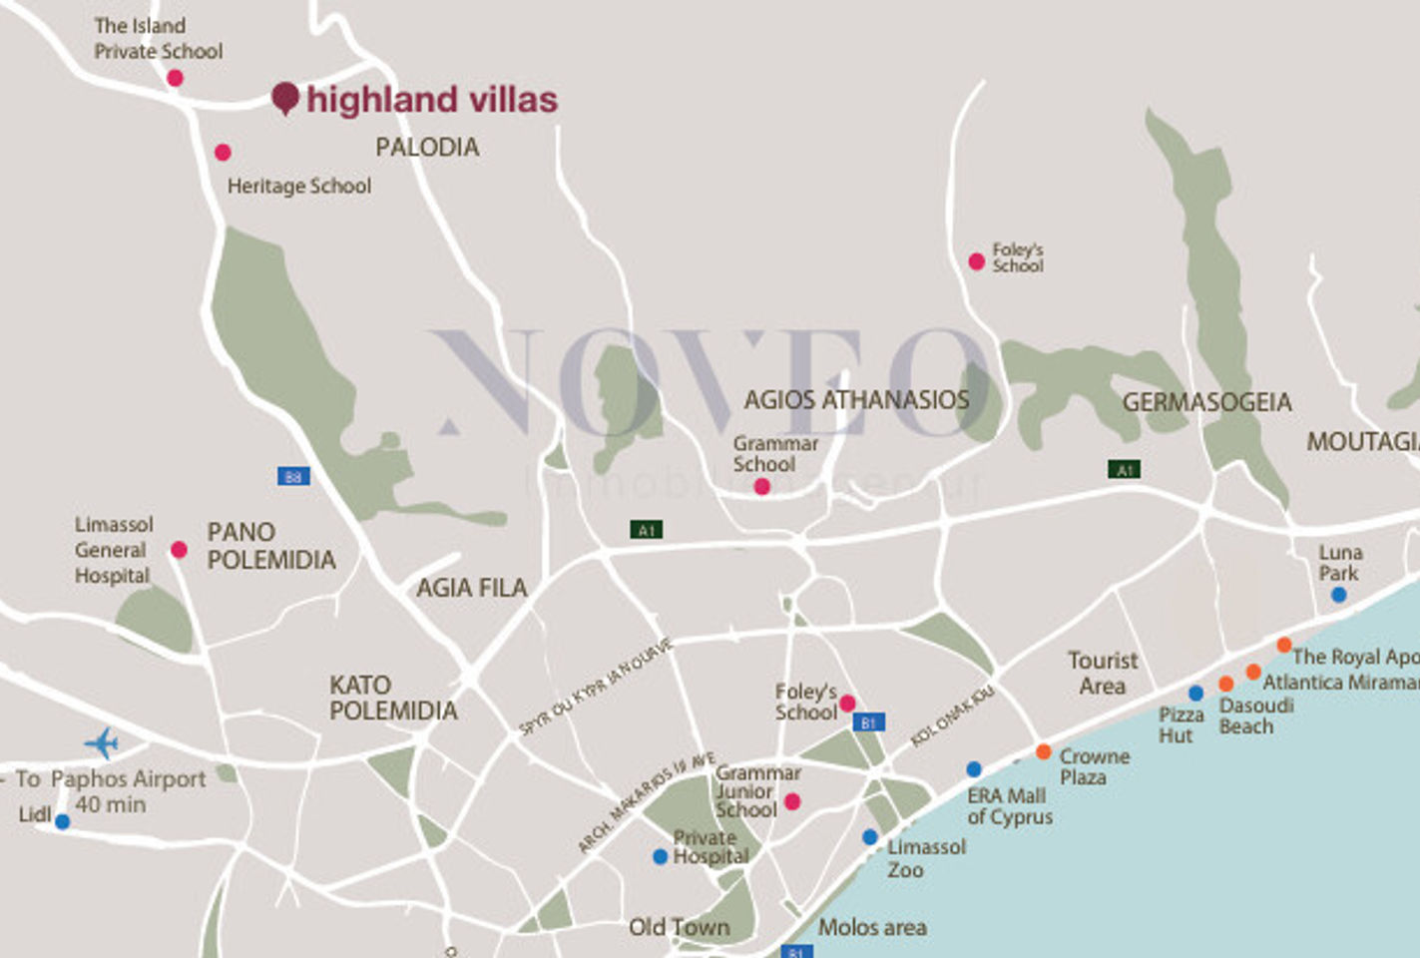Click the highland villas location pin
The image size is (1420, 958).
pyautogui.click(x=285, y=98)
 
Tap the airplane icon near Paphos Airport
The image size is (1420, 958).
pyautogui.click(x=102, y=742)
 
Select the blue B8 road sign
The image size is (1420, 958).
pyautogui.click(x=293, y=477)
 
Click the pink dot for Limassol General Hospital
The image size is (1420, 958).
pyautogui.click(x=179, y=549)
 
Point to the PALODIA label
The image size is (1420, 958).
pyautogui.click(x=427, y=147)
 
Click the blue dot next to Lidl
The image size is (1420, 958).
pyautogui.click(x=62, y=821)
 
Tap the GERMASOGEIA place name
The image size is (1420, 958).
pyautogui.click(x=1206, y=402)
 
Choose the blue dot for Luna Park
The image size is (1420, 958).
pyautogui.click(x=1338, y=595)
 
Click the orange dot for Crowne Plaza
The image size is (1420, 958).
pyautogui.click(x=1043, y=751)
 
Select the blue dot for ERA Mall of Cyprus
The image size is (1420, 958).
pyautogui.click(x=974, y=769)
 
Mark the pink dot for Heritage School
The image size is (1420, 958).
pyautogui.click(x=223, y=153)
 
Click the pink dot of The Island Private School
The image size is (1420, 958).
pyautogui.click(x=175, y=78)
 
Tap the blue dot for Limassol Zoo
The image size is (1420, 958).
pyautogui.click(x=870, y=837)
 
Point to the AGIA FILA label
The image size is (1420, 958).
pyautogui.click(x=471, y=588)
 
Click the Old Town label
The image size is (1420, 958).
pyautogui.click(x=679, y=927)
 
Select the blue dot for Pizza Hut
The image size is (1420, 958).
pyautogui.click(x=1195, y=694)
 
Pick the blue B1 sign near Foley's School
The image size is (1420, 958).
pyautogui.click(x=868, y=722)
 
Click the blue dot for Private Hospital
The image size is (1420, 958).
pyautogui.click(x=660, y=856)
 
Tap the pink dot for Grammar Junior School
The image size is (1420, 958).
pyautogui.click(x=792, y=801)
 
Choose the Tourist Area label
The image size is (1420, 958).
pyautogui.click(x=1102, y=673)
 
